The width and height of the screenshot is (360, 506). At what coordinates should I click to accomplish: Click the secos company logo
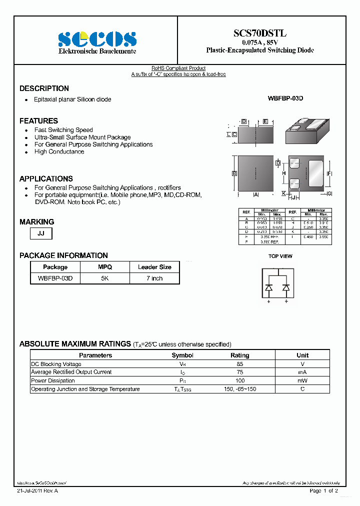(x=97, y=39)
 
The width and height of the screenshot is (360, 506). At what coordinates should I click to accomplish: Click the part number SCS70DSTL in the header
(x=260, y=33)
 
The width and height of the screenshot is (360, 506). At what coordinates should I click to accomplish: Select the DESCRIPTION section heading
(x=44, y=88)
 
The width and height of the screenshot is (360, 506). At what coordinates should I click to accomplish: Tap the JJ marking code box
(x=41, y=233)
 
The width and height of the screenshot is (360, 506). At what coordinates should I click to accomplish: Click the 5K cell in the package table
(x=104, y=278)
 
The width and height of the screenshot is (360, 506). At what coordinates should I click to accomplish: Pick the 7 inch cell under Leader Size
(x=154, y=278)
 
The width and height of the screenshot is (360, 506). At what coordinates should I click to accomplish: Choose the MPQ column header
(x=104, y=267)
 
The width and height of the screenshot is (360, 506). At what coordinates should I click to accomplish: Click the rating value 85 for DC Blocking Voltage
(x=239, y=364)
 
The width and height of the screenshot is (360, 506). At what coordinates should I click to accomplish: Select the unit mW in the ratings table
(x=302, y=381)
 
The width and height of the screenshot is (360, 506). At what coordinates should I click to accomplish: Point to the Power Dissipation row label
(x=53, y=381)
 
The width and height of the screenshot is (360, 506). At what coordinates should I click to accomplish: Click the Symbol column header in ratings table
(x=182, y=355)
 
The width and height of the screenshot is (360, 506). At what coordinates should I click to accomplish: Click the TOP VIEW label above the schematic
(x=280, y=256)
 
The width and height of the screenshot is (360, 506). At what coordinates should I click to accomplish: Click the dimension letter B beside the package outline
(x=234, y=173)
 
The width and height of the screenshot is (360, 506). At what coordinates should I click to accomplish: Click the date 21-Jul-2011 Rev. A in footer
(x=37, y=491)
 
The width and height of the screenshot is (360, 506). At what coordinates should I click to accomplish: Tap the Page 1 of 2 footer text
(x=323, y=491)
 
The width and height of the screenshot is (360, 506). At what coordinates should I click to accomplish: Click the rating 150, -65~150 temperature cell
(x=239, y=389)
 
